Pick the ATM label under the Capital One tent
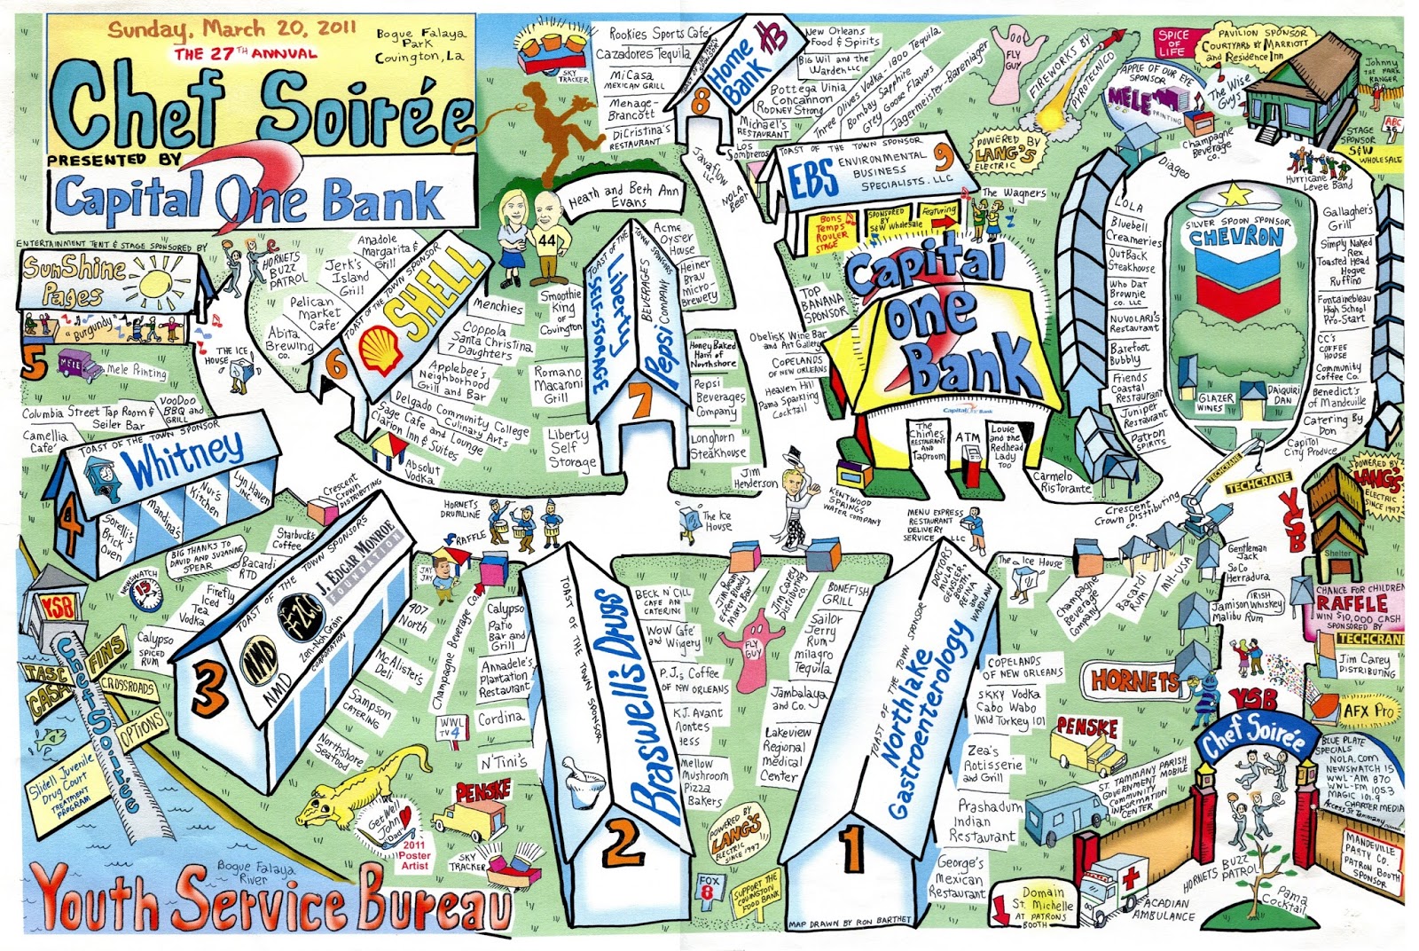pos(967,438)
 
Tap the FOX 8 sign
pos(708,885)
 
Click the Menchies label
pos(497,306)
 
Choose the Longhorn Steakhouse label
pos(717,445)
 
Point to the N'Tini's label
pos(503,761)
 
